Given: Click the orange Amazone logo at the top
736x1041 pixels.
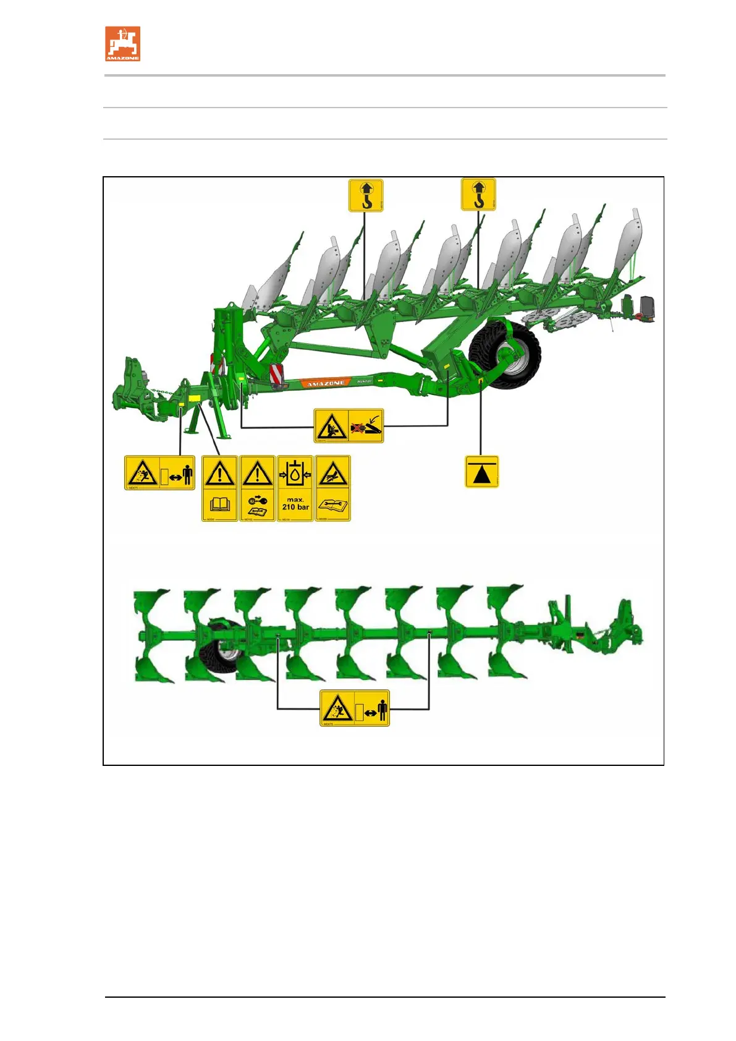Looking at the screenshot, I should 122,43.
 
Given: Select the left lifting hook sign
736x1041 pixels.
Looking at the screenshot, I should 366,195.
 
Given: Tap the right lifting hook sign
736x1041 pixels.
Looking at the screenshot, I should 478,195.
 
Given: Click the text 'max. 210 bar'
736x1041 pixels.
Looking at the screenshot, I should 295,503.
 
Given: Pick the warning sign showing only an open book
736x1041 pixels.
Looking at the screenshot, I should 220,488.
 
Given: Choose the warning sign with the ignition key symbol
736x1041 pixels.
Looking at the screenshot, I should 257,488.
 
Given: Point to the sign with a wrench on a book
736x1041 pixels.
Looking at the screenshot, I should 332,488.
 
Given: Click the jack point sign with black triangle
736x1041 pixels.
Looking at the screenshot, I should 481,472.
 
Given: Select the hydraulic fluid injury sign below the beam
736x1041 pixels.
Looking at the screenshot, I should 349,425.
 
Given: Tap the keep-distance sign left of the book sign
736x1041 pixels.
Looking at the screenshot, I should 159,473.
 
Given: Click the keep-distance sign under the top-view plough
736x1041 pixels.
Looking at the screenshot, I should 355,708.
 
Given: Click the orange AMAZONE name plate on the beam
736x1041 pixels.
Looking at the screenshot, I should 326,383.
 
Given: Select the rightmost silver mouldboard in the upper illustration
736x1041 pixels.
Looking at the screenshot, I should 630,244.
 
